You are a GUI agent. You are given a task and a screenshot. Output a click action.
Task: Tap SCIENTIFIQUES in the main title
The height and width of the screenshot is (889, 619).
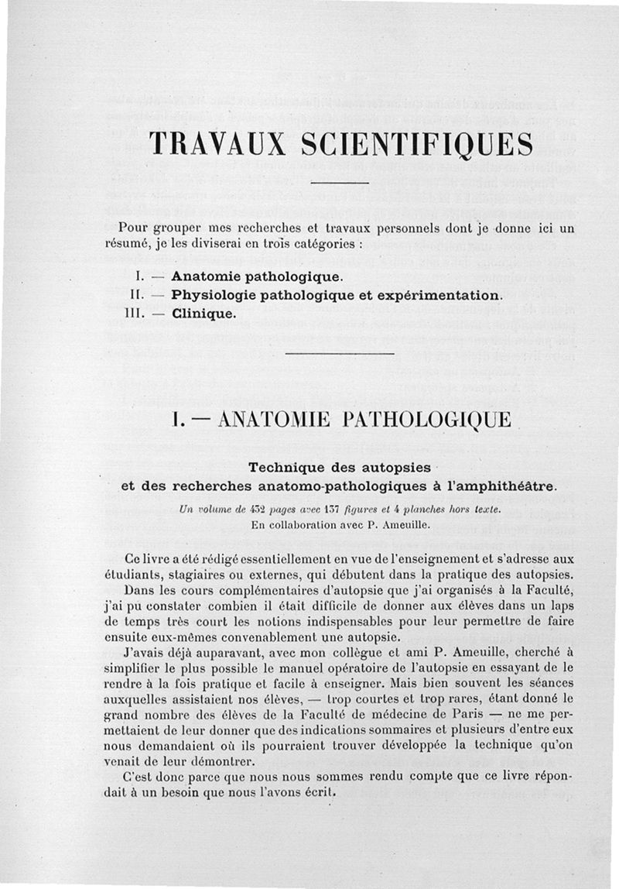coord(402,145)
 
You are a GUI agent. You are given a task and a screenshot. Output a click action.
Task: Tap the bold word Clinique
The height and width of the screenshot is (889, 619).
coord(202,314)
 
